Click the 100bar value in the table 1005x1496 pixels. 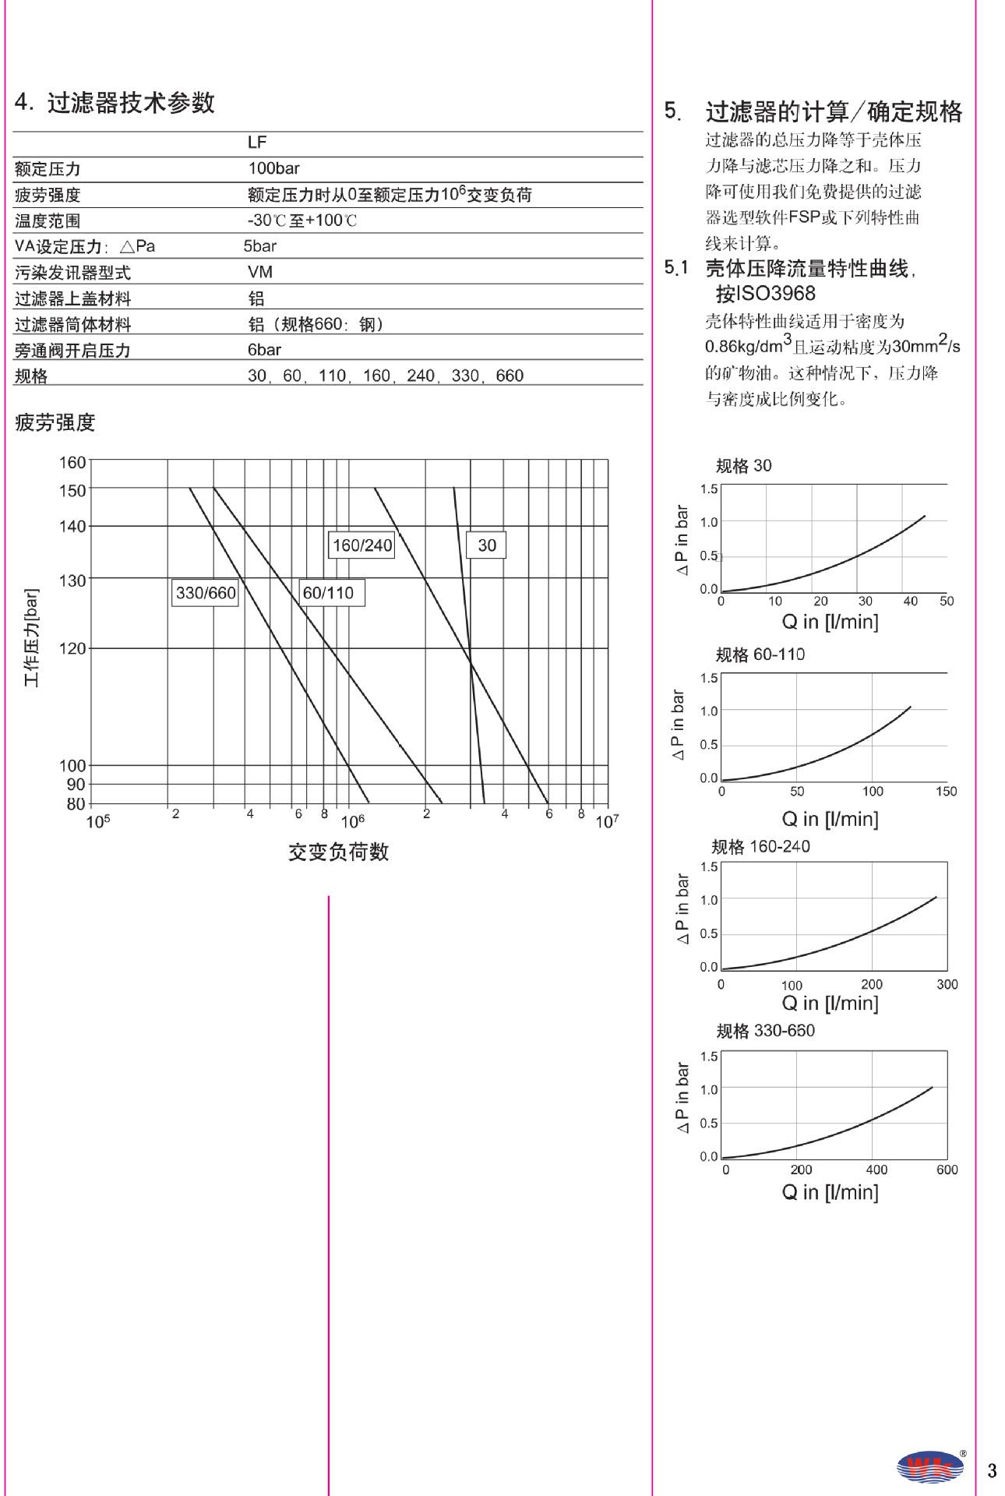tap(273, 168)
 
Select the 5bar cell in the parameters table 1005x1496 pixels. tap(259, 246)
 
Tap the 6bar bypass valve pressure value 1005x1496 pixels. tap(264, 350)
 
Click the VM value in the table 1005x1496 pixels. tap(259, 272)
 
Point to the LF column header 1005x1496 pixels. tap(257, 143)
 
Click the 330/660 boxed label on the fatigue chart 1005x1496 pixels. tap(205, 593)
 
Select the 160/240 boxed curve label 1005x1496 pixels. tap(362, 545)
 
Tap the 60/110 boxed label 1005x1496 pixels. tap(328, 593)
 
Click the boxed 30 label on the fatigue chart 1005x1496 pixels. tap(487, 545)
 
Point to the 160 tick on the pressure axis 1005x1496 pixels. tap(72, 462)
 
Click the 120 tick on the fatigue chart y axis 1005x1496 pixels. tap(72, 648)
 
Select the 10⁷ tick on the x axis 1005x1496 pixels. tap(606, 822)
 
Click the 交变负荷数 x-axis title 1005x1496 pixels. tap(338, 852)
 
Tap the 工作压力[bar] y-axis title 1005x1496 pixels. tap(31, 638)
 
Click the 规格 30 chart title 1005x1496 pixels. tap(743, 466)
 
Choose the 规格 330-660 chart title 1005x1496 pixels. tap(765, 1031)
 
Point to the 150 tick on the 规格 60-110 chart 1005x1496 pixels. tap(946, 791)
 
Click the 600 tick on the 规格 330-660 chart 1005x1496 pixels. tap(947, 1170)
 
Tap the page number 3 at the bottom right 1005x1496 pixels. tap(991, 1470)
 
